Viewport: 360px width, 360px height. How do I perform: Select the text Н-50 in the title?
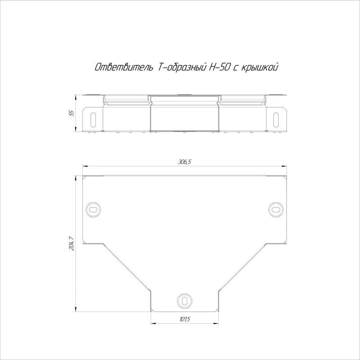pos(219,67)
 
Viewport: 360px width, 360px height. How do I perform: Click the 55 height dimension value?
pos(72,113)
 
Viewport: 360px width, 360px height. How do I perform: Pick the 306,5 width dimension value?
pos(184,162)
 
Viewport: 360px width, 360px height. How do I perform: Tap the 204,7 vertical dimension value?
pos(72,243)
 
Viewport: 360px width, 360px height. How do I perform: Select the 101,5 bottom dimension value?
pos(184,319)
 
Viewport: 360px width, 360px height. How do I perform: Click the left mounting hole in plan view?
pos(93,209)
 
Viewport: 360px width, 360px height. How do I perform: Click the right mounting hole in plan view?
pos(276,209)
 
